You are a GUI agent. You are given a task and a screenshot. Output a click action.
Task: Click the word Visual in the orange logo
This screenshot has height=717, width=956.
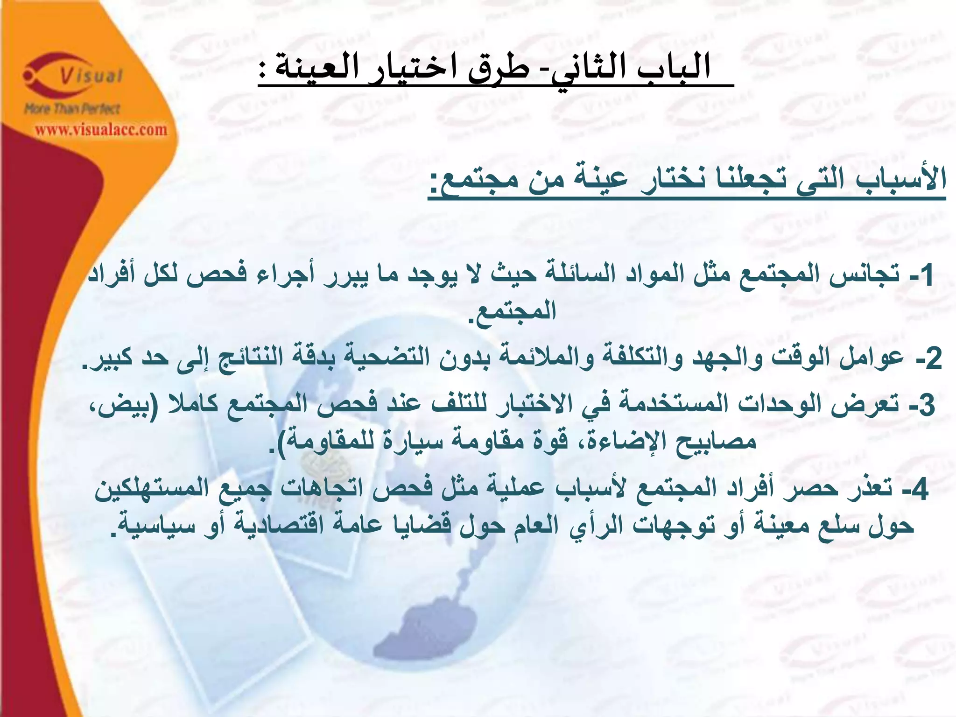91,76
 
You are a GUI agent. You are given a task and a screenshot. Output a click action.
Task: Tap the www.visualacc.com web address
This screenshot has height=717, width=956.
101,129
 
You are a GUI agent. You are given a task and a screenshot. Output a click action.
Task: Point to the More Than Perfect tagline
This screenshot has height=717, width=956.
72,109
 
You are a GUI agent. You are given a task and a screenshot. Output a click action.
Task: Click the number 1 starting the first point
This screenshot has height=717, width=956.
926,275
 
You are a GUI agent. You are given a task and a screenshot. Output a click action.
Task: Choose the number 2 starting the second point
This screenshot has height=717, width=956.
932,358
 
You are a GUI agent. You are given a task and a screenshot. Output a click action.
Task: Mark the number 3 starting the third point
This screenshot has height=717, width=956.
926,404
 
